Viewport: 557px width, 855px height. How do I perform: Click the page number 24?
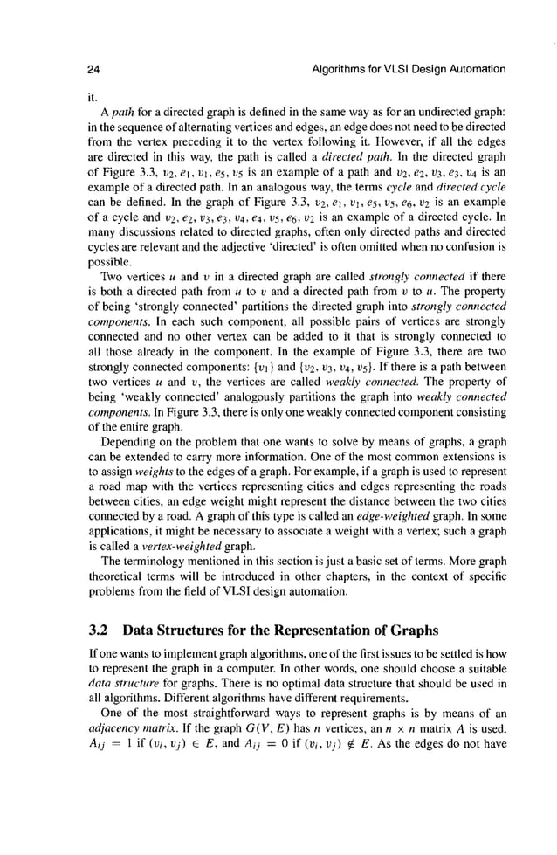coord(93,68)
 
